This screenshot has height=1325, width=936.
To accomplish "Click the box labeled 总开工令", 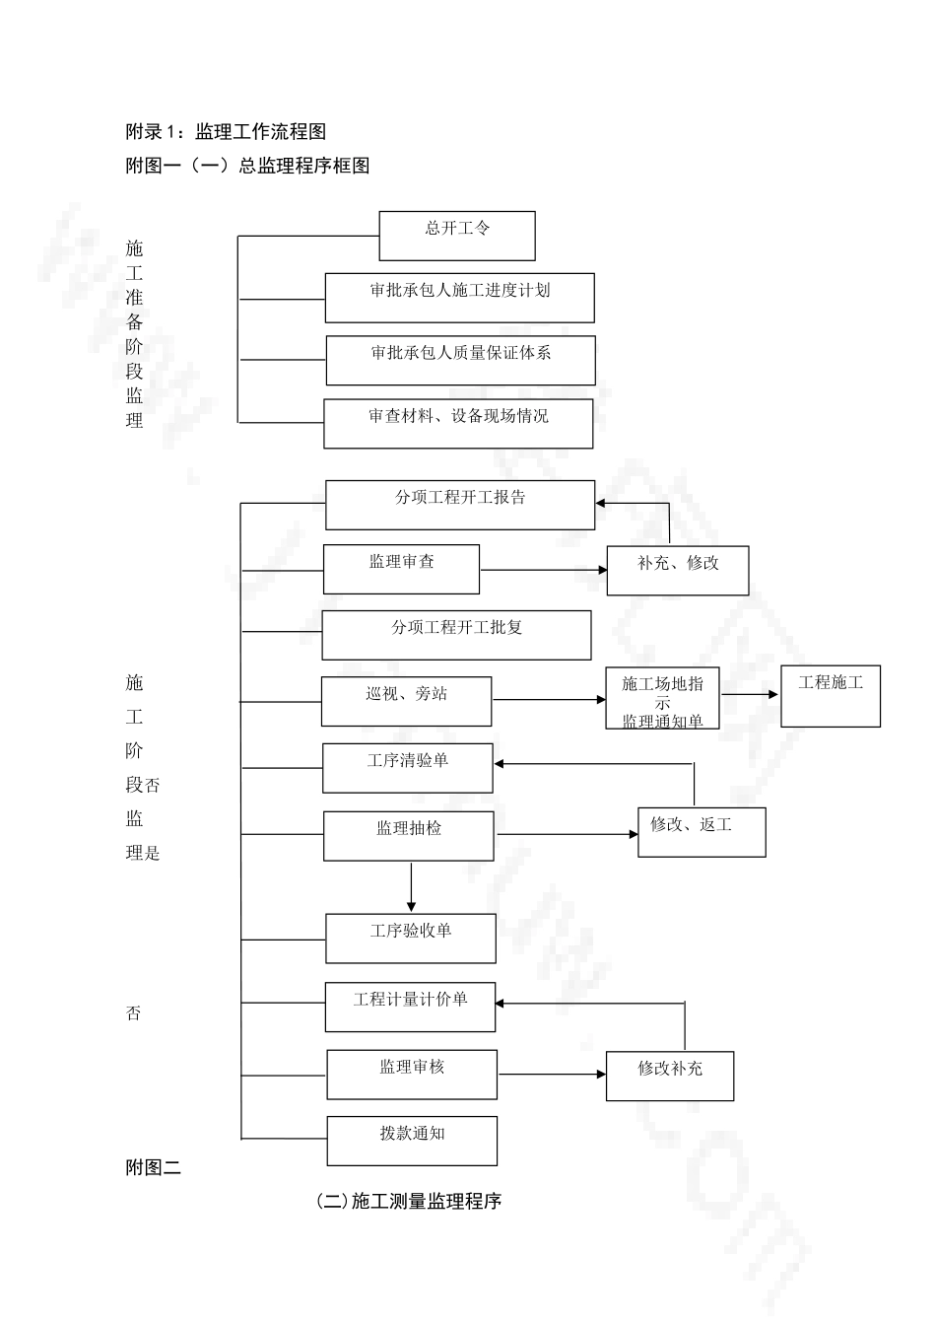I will (x=457, y=236).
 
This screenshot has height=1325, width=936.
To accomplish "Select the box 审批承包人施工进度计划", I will (x=460, y=298).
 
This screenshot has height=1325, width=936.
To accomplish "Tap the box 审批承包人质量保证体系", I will (x=461, y=360).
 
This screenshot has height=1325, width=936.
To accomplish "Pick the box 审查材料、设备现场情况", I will (x=459, y=423).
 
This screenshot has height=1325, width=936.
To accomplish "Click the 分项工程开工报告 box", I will (x=460, y=505).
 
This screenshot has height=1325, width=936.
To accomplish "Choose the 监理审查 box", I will (x=401, y=569).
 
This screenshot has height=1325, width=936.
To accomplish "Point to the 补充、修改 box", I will (x=678, y=570).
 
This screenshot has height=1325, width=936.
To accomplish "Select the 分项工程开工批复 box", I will (x=456, y=634).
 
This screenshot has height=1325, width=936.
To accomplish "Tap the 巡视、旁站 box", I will (x=406, y=701).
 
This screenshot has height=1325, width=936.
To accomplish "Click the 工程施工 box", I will (x=831, y=696).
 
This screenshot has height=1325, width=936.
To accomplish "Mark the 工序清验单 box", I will (x=408, y=768).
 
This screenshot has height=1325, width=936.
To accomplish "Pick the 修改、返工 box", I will (x=702, y=831).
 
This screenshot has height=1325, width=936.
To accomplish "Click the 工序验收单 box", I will (x=411, y=938).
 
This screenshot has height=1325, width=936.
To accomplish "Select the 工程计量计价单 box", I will (x=410, y=1007).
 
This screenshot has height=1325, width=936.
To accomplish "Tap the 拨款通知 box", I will (x=412, y=1141).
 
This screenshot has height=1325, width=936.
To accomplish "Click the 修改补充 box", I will (x=670, y=1076).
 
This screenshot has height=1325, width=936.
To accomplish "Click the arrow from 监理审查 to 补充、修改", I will (x=543, y=570).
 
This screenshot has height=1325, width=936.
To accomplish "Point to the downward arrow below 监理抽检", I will (x=411, y=887).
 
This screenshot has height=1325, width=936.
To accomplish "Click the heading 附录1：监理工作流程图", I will (x=226, y=132).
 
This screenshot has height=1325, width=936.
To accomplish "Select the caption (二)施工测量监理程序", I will (x=409, y=1202).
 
